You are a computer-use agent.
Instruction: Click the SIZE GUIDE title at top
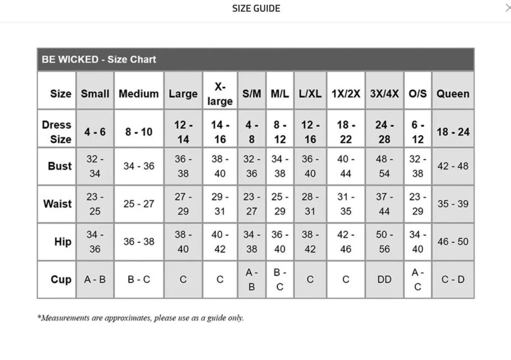256,8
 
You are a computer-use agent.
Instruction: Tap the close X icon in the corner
508,8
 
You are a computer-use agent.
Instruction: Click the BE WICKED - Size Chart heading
99,59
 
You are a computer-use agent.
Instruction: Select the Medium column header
139,94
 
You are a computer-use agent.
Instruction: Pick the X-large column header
220,94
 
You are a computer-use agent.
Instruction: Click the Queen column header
453,94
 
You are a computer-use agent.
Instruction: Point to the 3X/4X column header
384,94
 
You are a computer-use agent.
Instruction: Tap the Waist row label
57,204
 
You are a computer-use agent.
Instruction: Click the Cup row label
61,279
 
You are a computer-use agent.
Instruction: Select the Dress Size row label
57,132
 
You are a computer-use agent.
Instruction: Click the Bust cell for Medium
139,166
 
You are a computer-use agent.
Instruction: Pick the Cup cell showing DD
384,279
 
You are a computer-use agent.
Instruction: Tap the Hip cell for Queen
453,242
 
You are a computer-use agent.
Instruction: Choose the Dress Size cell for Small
95,132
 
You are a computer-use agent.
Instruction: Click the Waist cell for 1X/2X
345,204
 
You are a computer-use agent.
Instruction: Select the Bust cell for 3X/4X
384,166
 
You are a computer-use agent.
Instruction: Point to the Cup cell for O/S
417,279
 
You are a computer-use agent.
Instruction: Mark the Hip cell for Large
183,242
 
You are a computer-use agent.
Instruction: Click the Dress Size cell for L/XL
310,132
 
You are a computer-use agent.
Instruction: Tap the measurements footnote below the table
140,318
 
